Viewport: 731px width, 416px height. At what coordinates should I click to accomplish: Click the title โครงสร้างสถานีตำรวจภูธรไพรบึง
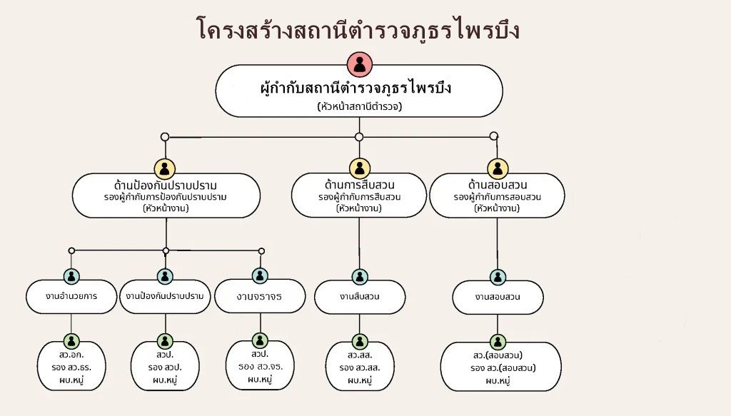pyautogui.click(x=358, y=29)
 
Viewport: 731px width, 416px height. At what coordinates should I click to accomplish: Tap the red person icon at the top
pyautogui.click(x=358, y=65)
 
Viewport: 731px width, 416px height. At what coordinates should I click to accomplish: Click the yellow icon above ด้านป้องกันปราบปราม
pyautogui.click(x=165, y=170)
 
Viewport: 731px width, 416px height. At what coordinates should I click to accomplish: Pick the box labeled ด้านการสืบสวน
pyautogui.click(x=359, y=196)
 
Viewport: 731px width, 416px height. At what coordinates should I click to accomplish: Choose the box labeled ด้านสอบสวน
pyautogui.click(x=497, y=196)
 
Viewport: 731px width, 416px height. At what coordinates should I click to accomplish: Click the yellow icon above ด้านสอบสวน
pyautogui.click(x=498, y=169)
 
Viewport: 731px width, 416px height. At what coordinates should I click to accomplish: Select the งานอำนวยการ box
pyautogui.click(x=71, y=295)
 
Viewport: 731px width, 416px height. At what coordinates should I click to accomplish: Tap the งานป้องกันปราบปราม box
pyautogui.click(x=165, y=295)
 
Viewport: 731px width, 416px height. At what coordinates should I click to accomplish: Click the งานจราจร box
pyautogui.click(x=260, y=295)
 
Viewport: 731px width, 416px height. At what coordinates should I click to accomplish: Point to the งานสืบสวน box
pyautogui.click(x=359, y=296)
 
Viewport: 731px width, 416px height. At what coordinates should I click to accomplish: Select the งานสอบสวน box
pyautogui.click(x=498, y=296)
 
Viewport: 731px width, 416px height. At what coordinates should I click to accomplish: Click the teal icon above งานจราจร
pyautogui.click(x=260, y=275)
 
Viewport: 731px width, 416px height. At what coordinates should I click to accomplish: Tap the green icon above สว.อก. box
pyautogui.click(x=71, y=341)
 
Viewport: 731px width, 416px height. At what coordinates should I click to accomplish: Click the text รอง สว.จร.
pyautogui.click(x=260, y=367)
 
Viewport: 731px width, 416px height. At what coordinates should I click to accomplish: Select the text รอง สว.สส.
pyautogui.click(x=359, y=368)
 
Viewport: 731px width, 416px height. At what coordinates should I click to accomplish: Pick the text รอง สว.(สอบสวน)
pyautogui.click(x=503, y=368)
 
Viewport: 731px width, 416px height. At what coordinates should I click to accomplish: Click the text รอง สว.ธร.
pyautogui.click(x=71, y=368)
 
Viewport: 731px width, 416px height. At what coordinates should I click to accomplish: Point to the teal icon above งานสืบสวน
pyautogui.click(x=359, y=277)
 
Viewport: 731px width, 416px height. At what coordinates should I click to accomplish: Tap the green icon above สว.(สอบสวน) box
pyautogui.click(x=498, y=342)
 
